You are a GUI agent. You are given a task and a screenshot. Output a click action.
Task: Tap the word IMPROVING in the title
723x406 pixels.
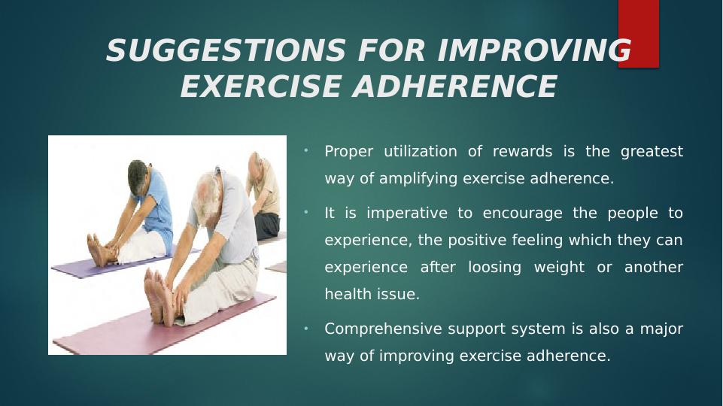(534, 50)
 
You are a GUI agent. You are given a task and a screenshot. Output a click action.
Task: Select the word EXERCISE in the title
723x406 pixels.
(261, 86)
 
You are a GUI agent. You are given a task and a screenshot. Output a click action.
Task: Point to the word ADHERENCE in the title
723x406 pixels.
(455, 86)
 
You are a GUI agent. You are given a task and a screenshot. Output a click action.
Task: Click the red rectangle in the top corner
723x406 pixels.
(639, 34)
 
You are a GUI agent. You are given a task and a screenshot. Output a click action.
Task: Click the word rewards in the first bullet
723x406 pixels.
(522, 151)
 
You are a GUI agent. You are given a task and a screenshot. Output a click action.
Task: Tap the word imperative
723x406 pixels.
(407, 214)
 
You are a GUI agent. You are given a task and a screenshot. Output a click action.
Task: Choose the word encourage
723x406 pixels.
(522, 214)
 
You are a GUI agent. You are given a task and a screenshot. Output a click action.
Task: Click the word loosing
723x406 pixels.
(495, 268)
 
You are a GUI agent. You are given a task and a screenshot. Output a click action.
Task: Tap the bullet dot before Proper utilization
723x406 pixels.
(305, 150)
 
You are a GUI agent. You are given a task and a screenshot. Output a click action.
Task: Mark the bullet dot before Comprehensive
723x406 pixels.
(305, 328)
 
